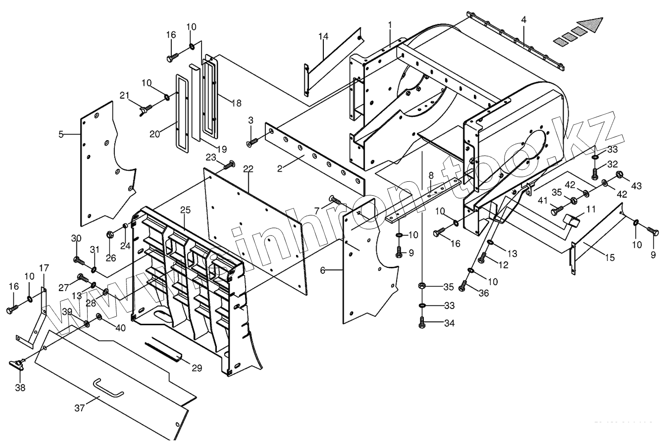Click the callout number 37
pos(80,408)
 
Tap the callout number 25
pos(185,210)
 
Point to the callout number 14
pos(323,36)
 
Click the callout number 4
pos(523,20)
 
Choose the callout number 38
pos(20,388)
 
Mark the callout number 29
pos(197,368)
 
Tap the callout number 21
pos(124,95)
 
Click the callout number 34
pos(449,323)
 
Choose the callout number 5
pos(61,135)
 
